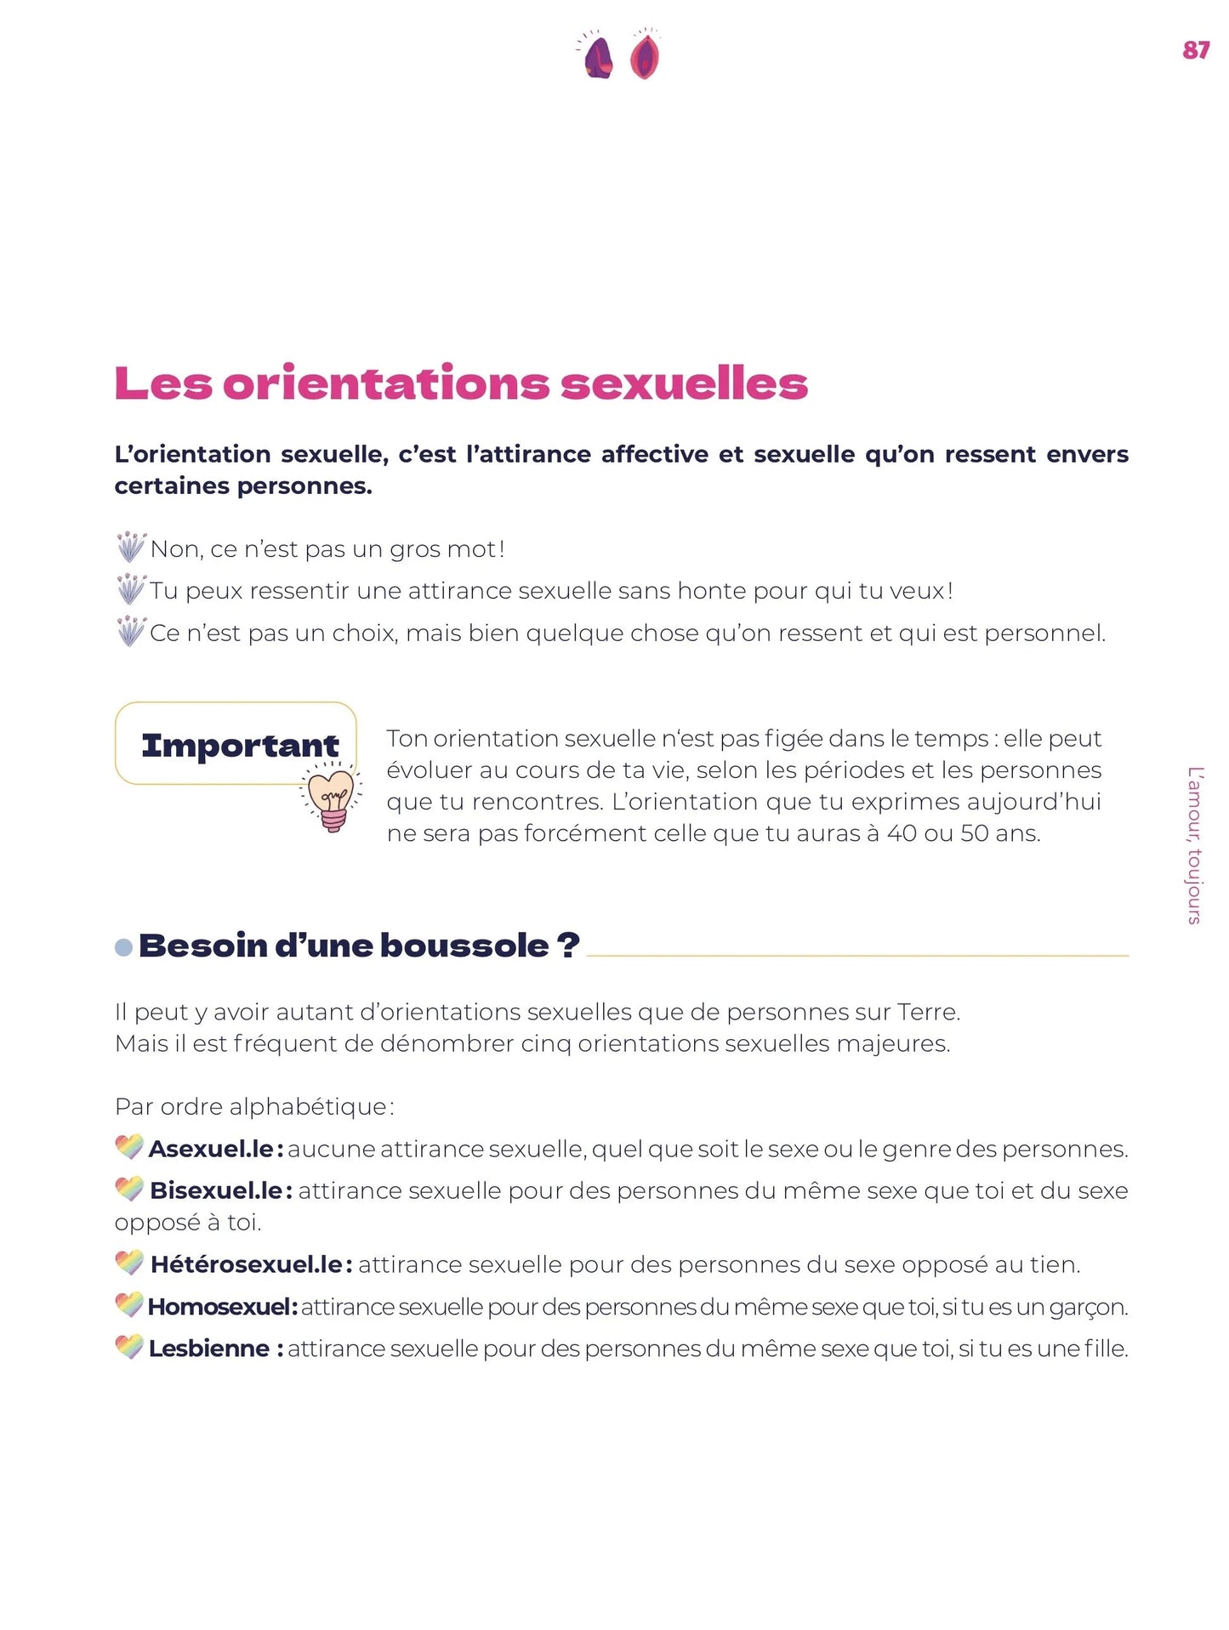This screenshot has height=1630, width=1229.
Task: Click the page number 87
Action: click(x=1195, y=50)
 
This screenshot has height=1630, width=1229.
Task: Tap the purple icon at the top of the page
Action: click(x=598, y=57)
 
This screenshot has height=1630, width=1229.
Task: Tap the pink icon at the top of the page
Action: click(x=645, y=56)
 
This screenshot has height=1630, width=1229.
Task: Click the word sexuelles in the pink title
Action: click(x=684, y=383)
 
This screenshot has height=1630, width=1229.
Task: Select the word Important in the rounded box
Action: click(x=240, y=746)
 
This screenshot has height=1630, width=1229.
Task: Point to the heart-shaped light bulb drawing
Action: click(x=332, y=798)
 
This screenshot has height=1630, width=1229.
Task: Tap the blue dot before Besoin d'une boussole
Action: click(x=123, y=947)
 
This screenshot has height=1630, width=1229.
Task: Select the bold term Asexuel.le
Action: click(x=211, y=1149)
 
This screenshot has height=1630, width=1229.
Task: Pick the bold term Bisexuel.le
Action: click(x=216, y=1190)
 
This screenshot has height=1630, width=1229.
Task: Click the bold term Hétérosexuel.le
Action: click(x=247, y=1264)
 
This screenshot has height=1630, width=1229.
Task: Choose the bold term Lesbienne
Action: click(x=209, y=1349)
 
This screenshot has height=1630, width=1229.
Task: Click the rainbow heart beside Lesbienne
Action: click(x=129, y=1347)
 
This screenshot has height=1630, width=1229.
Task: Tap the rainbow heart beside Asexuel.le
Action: click(x=129, y=1147)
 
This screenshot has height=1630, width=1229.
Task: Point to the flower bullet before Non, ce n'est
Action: click(x=130, y=547)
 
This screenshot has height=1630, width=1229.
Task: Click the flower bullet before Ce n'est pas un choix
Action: click(x=130, y=631)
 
